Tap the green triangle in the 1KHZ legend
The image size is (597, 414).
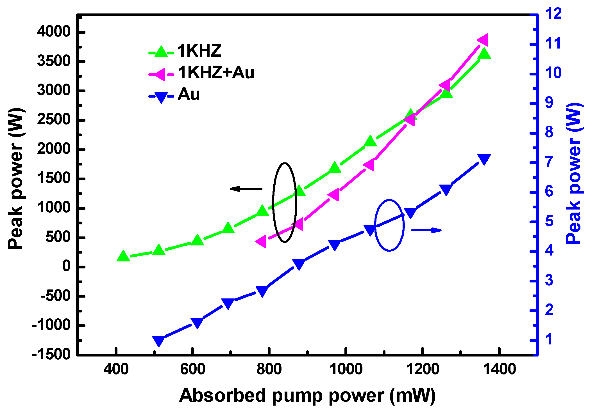(161, 52)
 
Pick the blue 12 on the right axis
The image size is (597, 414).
(553, 13)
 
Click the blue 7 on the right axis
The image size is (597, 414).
(549, 162)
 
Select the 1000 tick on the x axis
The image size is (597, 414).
(346, 369)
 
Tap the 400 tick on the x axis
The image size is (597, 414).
(116, 369)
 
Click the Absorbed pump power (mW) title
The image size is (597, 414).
(307, 395)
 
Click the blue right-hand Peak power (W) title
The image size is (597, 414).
(574, 173)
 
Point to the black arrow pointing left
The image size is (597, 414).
(246, 189)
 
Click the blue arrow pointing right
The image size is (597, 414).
(426, 230)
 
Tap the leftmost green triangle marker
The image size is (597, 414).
(123, 256)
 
